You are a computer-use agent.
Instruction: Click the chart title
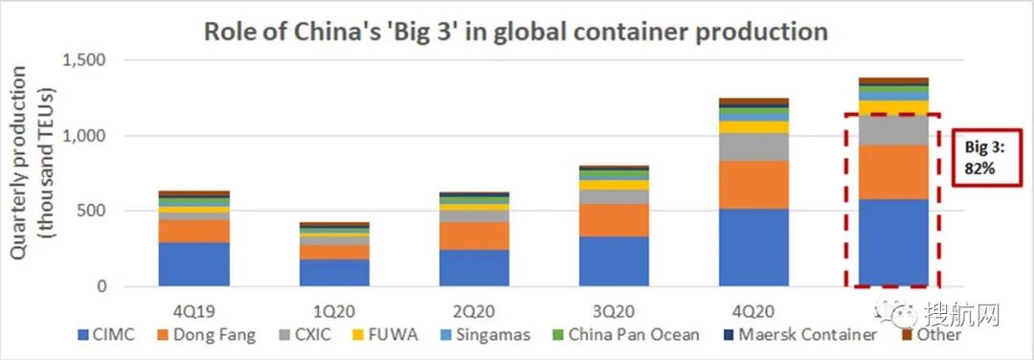(515, 31)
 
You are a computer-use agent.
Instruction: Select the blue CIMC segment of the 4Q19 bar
(194, 264)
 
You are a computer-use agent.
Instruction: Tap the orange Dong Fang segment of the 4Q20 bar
(753, 184)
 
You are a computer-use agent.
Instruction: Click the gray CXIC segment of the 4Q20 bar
(753, 146)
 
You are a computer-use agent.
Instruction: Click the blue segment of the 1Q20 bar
(334, 272)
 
